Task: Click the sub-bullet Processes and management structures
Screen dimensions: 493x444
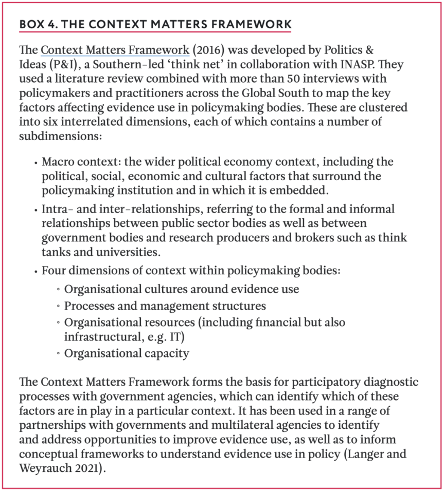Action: (165, 306)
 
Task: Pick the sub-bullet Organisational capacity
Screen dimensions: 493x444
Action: (127, 353)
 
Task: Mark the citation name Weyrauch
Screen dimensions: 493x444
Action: (43, 468)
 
